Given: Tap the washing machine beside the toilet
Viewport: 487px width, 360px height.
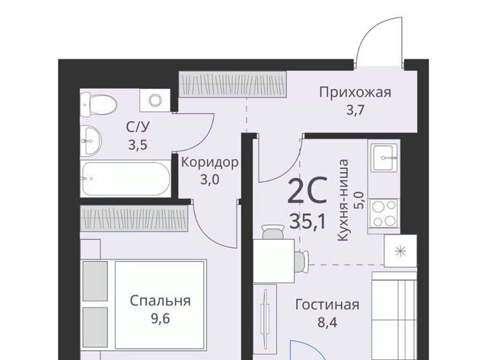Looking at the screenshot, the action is pos(154,100).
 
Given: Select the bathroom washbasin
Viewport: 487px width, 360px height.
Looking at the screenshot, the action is pos(91,141).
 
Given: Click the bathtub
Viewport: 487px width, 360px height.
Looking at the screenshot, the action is pos(126,178).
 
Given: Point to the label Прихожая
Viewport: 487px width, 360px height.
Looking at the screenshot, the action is pos(355,93).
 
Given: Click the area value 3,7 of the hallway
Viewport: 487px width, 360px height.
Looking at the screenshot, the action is pos(355,110).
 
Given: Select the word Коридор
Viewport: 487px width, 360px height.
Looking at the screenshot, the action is pos(210,162).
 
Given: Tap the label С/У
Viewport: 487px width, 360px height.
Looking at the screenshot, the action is pos(138,127).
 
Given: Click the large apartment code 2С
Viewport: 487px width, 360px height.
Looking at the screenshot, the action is pos(307,190).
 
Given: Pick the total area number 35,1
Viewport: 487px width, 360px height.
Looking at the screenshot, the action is pos(307,221).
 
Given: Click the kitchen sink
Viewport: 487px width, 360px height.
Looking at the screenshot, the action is pos(385,158).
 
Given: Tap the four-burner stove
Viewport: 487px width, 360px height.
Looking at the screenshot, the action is pos(385,213).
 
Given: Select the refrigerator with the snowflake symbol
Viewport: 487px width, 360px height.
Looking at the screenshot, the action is pos(400,250).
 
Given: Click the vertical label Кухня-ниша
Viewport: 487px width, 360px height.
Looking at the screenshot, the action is pos(343,200).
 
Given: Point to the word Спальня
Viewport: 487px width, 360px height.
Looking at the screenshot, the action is pos(161,301).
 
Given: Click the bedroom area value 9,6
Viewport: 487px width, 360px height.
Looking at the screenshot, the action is pos(161,319).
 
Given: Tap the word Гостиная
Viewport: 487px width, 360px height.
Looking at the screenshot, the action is pos(327,304).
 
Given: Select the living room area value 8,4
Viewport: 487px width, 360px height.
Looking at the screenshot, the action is pos(327,323).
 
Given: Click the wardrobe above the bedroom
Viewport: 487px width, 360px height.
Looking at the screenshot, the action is pos(134,218).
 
